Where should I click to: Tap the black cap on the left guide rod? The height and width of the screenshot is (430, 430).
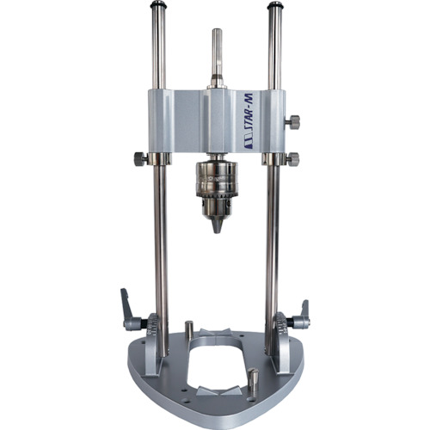[x=158, y=5]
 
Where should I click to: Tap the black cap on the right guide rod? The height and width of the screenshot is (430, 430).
[x=274, y=5]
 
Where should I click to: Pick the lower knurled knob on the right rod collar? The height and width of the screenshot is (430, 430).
[x=292, y=159]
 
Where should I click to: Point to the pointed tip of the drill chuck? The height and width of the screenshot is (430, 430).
[x=218, y=230]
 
